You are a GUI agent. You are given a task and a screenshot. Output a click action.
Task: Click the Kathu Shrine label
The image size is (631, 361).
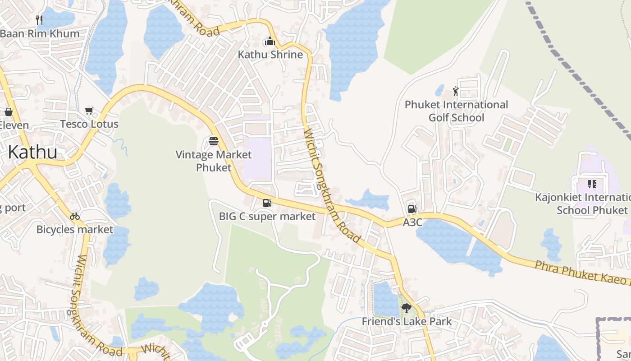270,55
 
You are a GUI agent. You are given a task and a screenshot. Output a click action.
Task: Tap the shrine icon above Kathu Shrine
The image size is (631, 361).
270,42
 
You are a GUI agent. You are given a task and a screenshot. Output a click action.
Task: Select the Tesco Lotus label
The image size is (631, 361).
89,124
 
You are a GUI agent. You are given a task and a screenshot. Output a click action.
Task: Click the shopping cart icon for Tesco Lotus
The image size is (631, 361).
89,111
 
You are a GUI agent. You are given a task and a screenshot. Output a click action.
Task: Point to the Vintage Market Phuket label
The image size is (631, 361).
214,161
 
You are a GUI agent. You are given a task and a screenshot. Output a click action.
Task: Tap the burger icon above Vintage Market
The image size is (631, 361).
214,142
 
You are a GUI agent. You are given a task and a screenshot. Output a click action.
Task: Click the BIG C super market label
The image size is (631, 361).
267,217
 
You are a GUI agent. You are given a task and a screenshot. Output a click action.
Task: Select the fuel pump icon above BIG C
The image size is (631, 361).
267,203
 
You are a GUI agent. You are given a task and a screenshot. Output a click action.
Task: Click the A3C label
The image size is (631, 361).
412,222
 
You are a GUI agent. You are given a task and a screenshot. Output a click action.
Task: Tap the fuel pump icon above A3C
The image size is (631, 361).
412,208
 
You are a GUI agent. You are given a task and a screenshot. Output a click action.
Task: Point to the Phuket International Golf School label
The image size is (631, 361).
456,111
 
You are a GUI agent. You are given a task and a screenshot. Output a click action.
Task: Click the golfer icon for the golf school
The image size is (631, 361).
456,91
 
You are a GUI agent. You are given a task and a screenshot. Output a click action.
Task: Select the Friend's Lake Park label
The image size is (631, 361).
407,322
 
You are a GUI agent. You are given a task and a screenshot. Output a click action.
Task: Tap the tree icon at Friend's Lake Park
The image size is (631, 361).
406,308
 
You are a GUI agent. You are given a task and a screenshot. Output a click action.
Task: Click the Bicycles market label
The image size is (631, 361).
75,230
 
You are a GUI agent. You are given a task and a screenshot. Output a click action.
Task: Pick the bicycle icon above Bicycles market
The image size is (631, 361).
75,216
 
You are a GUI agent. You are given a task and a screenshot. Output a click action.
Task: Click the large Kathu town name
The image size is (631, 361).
32,152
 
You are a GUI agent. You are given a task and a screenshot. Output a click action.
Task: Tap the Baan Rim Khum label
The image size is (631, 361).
40,33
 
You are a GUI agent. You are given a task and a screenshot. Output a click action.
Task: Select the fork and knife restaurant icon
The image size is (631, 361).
39,20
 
